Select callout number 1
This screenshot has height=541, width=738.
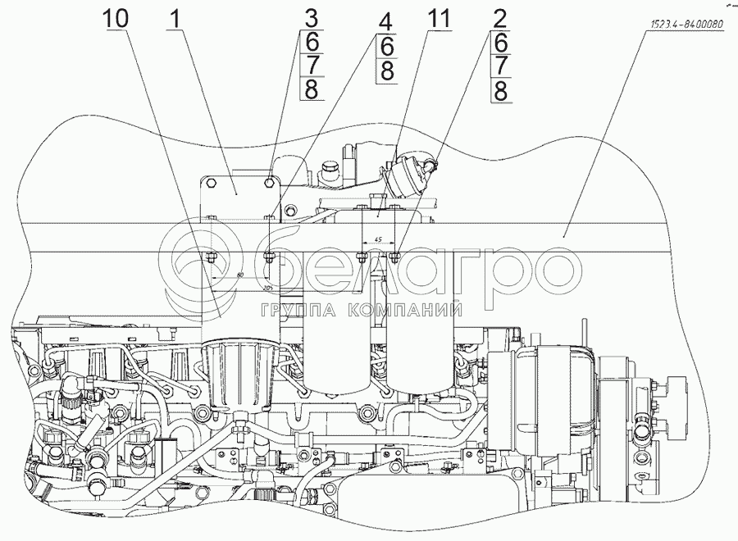click(174, 18)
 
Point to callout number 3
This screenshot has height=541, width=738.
click(310, 18)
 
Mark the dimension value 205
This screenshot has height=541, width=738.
click(268, 289)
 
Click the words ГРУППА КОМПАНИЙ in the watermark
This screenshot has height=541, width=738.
click(360, 310)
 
